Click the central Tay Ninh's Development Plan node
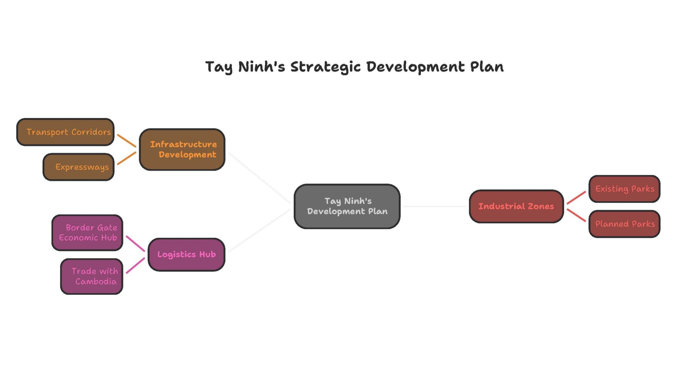coord(347,206)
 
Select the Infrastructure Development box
coord(182,149)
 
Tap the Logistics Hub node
coord(186,255)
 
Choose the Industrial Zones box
coord(516,206)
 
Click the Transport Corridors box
coord(65,132)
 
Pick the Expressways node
coord(78,167)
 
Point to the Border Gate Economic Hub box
coord(87,233)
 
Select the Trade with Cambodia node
coord(92,276)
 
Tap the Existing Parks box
coord(624,189)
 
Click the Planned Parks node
coord(624,224)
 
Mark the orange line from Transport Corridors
coord(127,141)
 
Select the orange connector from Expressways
coord(127,158)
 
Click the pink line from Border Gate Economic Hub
coord(135,244)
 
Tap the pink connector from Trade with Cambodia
coord(135,265)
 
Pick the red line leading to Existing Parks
coord(576,198)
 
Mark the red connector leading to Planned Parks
coord(576,215)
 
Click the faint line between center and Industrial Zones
coord(435,206)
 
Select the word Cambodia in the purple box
coord(96,282)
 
